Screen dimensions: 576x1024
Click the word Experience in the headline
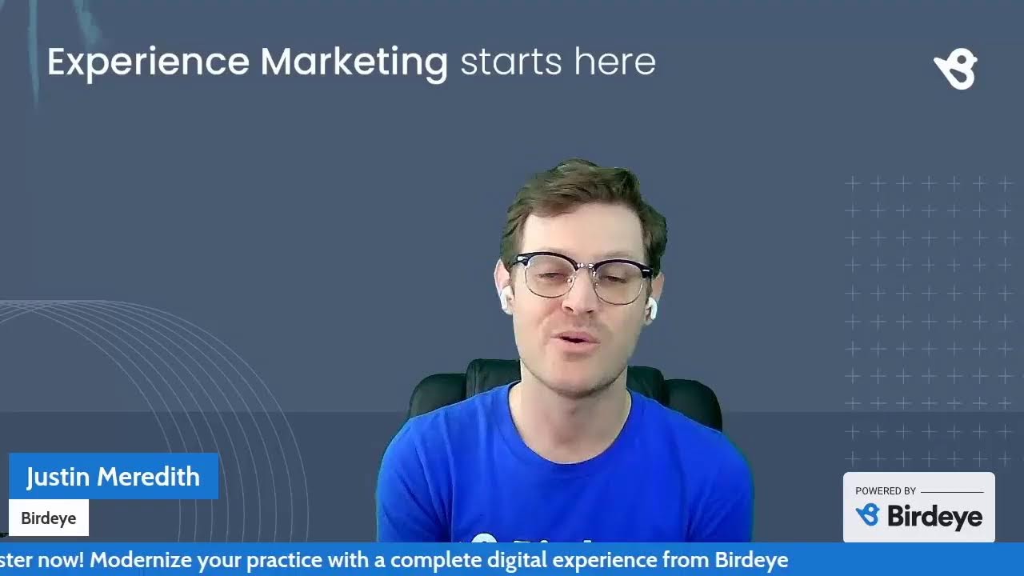(148, 62)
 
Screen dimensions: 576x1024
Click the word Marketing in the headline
(354, 62)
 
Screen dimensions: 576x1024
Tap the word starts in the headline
(509, 62)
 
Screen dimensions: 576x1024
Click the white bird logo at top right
(956, 69)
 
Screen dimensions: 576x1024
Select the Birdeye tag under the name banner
(48, 518)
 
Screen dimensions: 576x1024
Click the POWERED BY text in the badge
(886, 491)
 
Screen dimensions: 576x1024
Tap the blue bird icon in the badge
(867, 515)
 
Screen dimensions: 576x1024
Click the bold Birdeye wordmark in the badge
(934, 517)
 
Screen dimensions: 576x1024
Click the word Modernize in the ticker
(135, 560)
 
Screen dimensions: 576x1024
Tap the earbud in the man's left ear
(650, 308)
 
